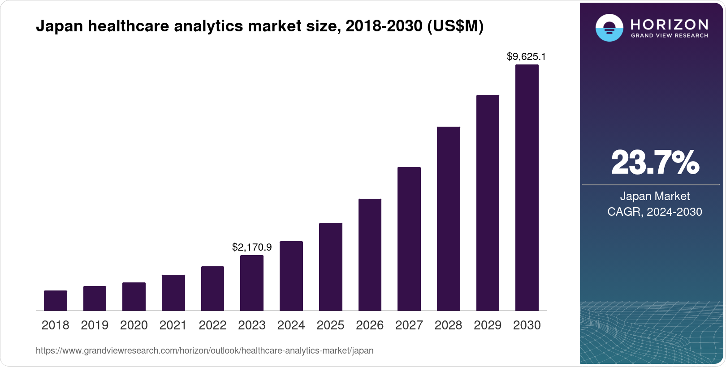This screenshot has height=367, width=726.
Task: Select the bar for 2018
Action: pyautogui.click(x=56, y=301)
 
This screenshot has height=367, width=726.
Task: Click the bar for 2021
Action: pyautogui.click(x=173, y=293)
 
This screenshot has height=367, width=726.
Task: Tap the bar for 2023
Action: pyautogui.click(x=252, y=283)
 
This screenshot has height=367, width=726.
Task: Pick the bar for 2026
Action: pyautogui.click(x=370, y=255)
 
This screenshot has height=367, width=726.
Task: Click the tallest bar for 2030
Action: pyautogui.click(x=527, y=188)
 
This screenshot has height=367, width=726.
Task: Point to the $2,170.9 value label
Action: pyautogui.click(x=252, y=247)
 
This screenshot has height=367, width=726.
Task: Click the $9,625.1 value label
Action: pyautogui.click(x=526, y=56)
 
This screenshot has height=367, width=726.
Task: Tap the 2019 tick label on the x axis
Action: pyautogui.click(x=95, y=325)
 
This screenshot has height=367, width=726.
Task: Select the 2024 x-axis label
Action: pyautogui.click(x=291, y=325)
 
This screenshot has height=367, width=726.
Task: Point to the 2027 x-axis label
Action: pyautogui.click(x=409, y=325)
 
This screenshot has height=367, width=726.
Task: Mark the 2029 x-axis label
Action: pyautogui.click(x=488, y=325)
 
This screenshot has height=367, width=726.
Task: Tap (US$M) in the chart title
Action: pyautogui.click(x=455, y=26)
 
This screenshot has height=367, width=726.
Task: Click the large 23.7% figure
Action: pyautogui.click(x=655, y=162)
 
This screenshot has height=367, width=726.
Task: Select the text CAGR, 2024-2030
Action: pyautogui.click(x=655, y=212)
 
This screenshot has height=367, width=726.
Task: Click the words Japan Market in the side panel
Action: pyautogui.click(x=655, y=196)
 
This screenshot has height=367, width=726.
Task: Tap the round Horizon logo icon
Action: pyautogui.click(x=609, y=28)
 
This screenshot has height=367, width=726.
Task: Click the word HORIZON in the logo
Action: pyautogui.click(x=669, y=24)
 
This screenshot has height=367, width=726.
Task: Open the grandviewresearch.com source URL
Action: pyautogui.click(x=204, y=350)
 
